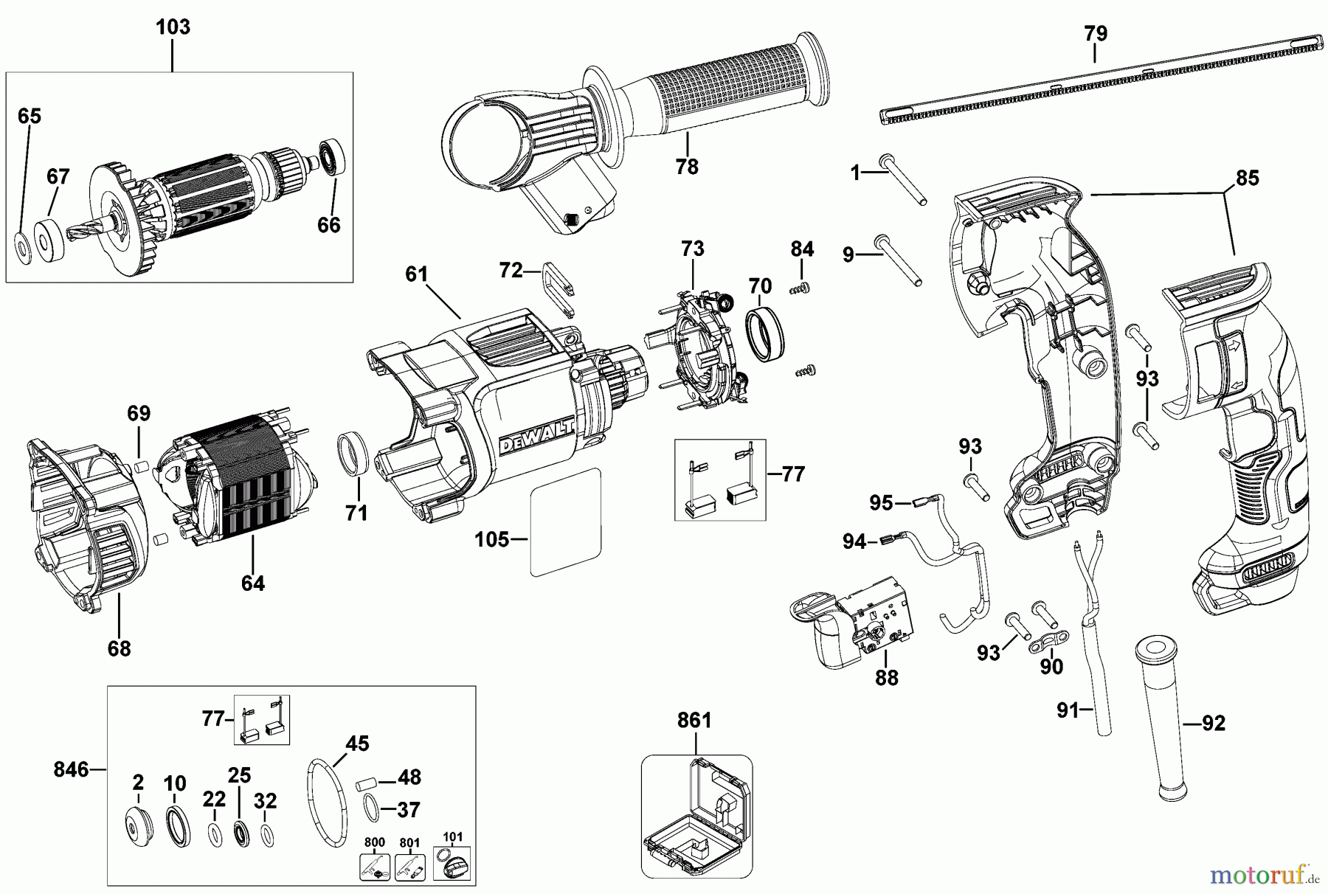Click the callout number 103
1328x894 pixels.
[x=173, y=27]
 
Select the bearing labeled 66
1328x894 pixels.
[x=332, y=157]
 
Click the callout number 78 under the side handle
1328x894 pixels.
[x=686, y=167]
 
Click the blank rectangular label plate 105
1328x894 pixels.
[x=566, y=523]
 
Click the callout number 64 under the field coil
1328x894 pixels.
[x=252, y=583]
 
